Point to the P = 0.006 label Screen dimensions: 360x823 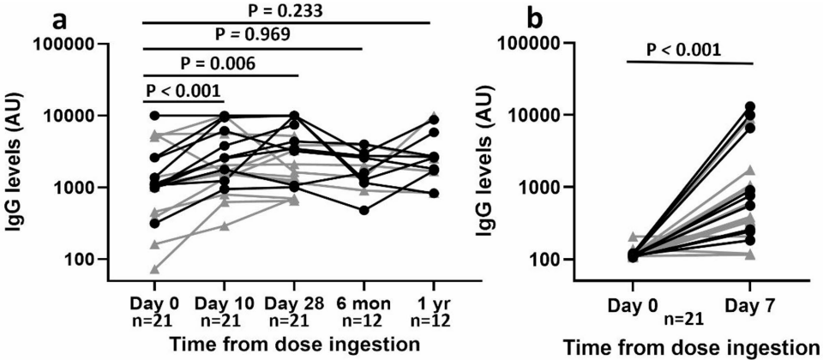pyautogui.click(x=218, y=63)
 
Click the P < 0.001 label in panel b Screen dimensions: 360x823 pyautogui.click(x=687, y=50)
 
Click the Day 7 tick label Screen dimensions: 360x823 pyautogui.click(x=753, y=303)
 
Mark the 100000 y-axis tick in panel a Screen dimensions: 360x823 pyautogui.click(x=80, y=45)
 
